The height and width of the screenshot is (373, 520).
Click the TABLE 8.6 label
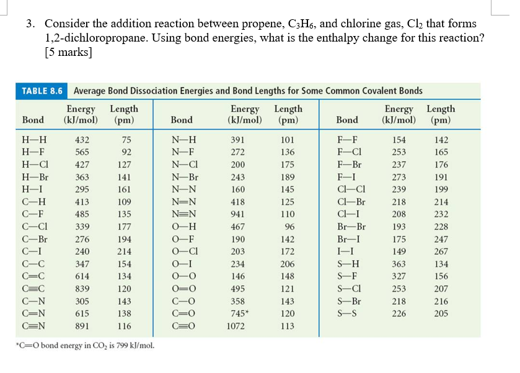[x=42, y=91]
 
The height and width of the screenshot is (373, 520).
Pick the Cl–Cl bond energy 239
[x=399, y=189]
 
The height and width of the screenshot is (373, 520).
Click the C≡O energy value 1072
[x=236, y=325]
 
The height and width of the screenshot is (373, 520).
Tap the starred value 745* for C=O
[x=239, y=313]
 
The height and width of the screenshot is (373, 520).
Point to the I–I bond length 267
[x=441, y=251]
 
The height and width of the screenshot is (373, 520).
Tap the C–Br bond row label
[x=35, y=239]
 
